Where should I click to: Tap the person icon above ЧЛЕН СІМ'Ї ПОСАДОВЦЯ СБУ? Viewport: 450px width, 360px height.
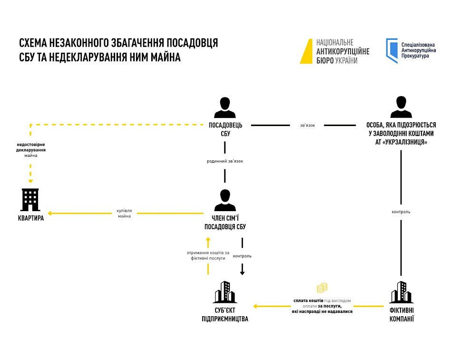(x=225, y=200)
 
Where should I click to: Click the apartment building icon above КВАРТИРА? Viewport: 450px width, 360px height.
(x=31, y=200)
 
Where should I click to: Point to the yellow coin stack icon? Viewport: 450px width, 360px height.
(x=322, y=288)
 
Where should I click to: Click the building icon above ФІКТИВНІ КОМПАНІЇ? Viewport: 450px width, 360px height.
(x=401, y=292)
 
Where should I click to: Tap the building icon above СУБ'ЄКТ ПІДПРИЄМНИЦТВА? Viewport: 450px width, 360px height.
(x=225, y=292)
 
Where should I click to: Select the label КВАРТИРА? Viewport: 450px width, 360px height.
(x=31, y=219)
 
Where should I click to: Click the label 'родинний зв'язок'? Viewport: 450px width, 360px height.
(x=225, y=161)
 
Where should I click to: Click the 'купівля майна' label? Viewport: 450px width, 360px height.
(x=124, y=213)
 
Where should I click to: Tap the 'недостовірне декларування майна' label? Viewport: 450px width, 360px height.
(x=31, y=149)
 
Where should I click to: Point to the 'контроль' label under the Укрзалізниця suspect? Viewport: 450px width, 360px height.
(x=401, y=212)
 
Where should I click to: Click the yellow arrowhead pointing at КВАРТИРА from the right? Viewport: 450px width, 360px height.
(x=49, y=213)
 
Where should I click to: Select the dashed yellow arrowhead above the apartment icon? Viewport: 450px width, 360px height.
(x=31, y=181)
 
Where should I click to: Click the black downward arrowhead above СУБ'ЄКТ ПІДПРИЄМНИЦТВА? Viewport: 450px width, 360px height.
(x=242, y=272)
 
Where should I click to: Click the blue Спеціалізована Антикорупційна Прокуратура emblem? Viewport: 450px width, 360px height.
(x=391, y=50)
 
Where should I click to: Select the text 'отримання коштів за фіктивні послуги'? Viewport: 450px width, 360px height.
(x=208, y=255)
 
